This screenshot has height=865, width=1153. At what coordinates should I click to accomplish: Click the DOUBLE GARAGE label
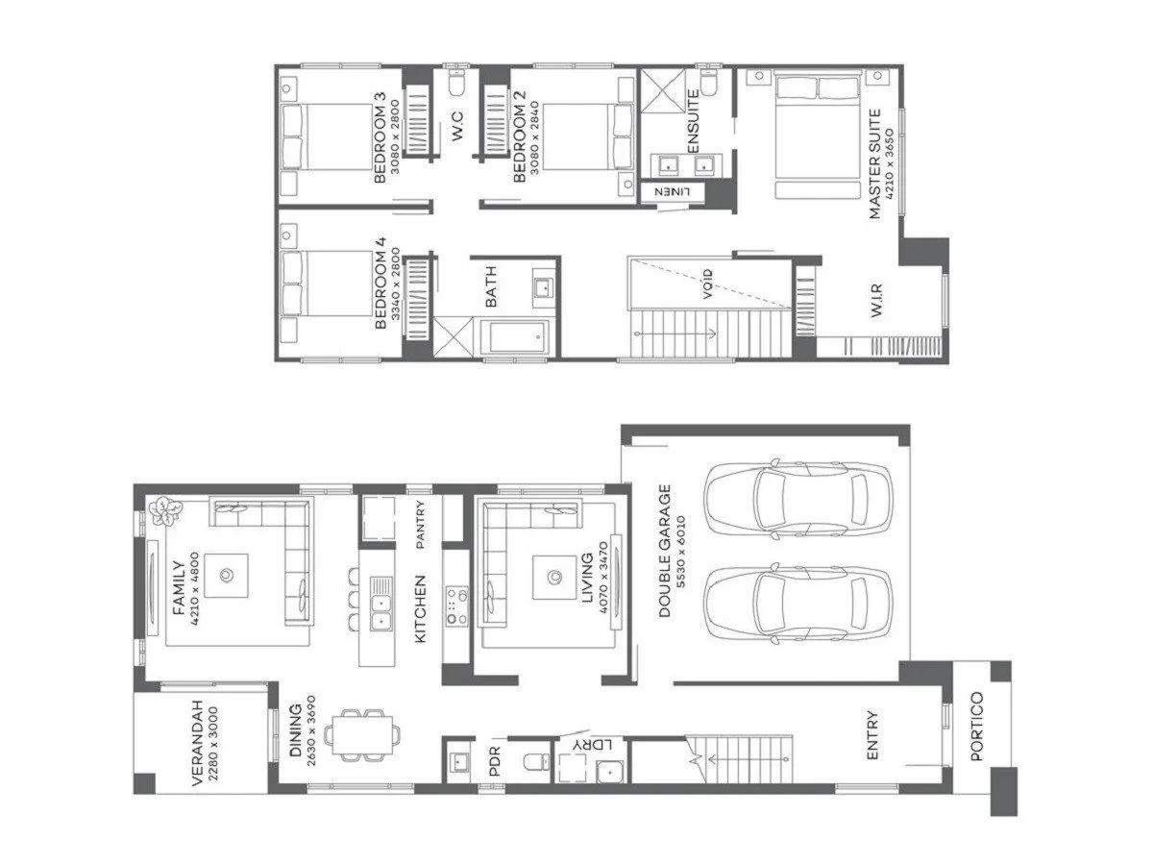[x=664, y=550]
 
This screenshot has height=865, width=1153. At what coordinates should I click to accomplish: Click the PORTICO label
[x=977, y=727]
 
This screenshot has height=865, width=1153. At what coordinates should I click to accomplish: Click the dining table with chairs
[x=361, y=735]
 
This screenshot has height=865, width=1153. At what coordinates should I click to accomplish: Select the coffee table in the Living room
[x=553, y=577]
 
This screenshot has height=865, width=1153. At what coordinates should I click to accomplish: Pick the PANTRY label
[x=420, y=525]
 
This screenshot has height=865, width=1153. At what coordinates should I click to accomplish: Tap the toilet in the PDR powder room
[x=535, y=763]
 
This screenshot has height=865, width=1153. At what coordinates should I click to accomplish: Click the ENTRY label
[x=872, y=735]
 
